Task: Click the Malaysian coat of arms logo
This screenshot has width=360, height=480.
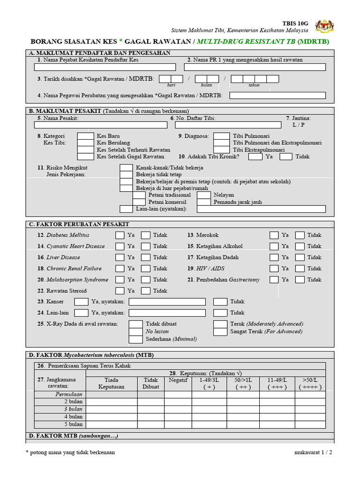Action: (x=326, y=26)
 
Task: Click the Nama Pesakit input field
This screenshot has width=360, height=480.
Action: (x=100, y=125)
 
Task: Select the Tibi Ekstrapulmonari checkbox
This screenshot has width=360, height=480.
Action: (x=221, y=150)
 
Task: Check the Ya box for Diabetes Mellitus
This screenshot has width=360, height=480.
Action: (x=120, y=235)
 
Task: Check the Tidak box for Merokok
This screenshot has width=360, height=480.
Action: (x=300, y=235)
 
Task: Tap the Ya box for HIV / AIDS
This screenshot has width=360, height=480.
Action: (x=274, y=269)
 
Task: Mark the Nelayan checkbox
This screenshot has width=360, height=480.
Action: (x=203, y=195)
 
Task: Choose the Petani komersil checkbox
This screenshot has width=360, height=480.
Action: (x=139, y=202)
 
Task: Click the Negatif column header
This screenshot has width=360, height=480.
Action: (x=178, y=380)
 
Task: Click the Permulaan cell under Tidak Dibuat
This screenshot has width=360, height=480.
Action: (x=150, y=395)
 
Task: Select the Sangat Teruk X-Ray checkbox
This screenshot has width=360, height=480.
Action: (x=220, y=331)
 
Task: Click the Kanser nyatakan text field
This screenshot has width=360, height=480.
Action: (x=167, y=302)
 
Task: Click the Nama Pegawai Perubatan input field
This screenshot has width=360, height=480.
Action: (x=277, y=96)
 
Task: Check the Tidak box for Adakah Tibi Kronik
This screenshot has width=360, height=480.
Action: (x=286, y=157)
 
